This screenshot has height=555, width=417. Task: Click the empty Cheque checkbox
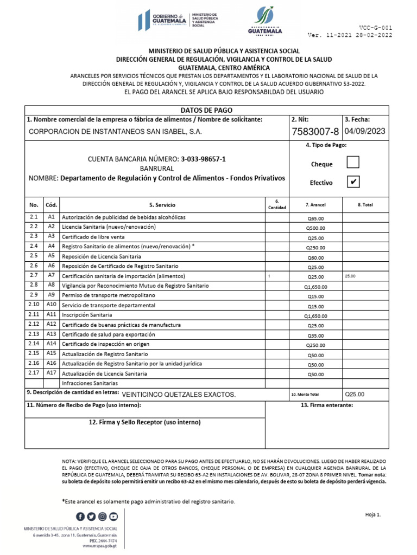coord(353,162)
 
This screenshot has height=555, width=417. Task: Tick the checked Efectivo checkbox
coord(353,182)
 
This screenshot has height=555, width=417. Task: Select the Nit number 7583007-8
coord(315,132)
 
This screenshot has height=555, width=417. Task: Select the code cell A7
coord(52,276)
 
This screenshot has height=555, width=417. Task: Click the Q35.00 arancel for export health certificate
coord(315,335)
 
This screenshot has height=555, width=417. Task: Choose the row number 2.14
coord(34,344)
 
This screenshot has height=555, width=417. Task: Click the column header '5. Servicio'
coord(162,205)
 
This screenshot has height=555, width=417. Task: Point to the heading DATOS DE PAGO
coord(207,109)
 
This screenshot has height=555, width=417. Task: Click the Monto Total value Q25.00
coord(355,394)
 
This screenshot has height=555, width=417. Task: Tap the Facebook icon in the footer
coord(80,516)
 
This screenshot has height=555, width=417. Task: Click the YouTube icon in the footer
coord(113,516)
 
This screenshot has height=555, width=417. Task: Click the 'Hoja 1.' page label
coord(372,514)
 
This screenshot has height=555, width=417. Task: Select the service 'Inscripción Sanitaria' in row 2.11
coord(87,315)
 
